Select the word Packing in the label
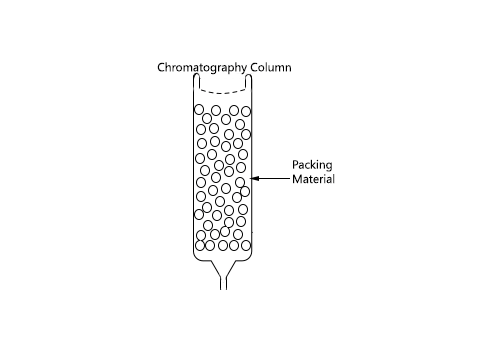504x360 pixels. pos(311,165)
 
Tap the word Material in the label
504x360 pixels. pos(312,180)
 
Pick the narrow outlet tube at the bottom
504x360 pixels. pos(225,279)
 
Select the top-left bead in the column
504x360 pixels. pos(200,109)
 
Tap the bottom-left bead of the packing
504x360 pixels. pos(200,245)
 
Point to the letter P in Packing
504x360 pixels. pos(295,165)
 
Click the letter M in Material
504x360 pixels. pos(297,180)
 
